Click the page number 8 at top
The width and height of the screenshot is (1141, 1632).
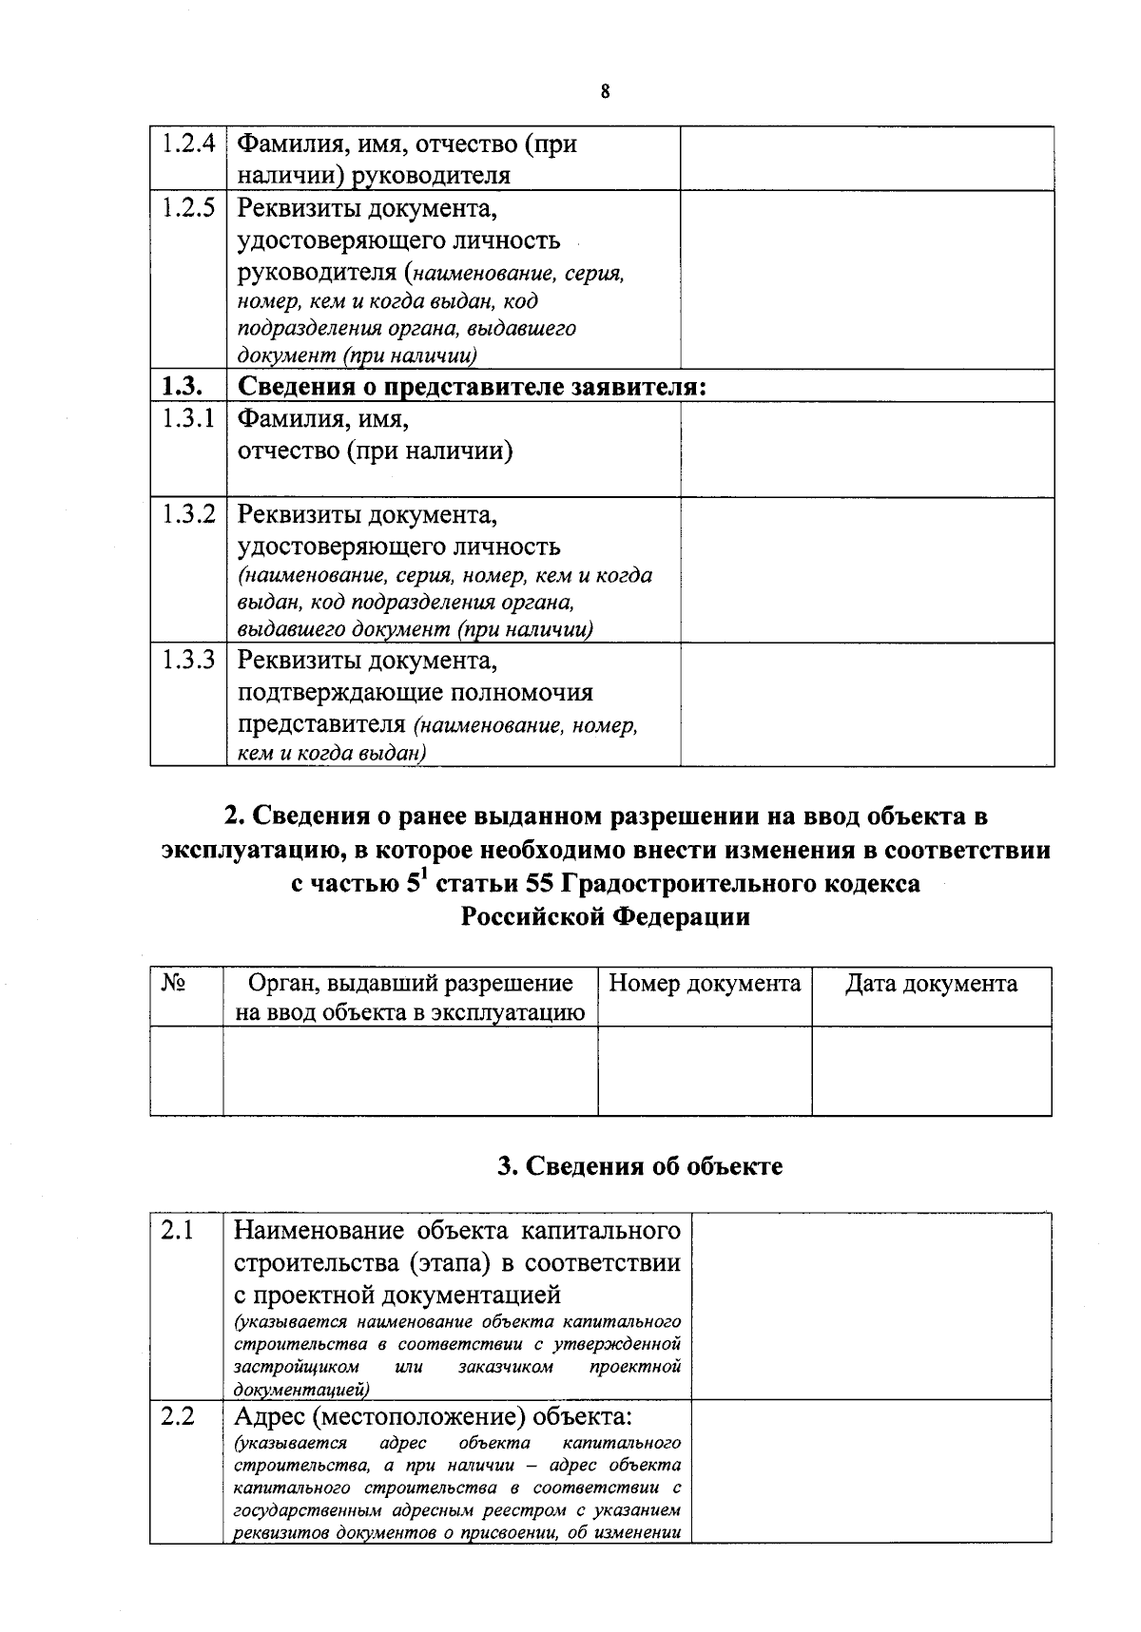point(605,92)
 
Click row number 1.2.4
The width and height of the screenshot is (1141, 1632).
point(187,144)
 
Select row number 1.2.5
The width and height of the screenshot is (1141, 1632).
point(187,208)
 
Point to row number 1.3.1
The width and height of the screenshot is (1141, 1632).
point(187,418)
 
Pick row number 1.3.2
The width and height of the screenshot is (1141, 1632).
point(187,515)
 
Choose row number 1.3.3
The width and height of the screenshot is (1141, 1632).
point(187,660)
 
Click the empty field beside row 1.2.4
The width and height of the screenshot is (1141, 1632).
point(866,159)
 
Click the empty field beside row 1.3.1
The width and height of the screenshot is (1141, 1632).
point(866,449)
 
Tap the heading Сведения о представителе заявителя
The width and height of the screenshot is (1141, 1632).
point(472,387)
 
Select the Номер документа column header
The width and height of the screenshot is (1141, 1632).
point(705,984)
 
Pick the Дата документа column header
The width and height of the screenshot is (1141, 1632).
point(931,984)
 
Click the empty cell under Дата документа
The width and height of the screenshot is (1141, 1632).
point(931,1070)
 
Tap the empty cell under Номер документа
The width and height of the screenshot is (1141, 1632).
point(705,1070)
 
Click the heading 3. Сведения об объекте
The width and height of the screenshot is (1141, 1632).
point(640,1166)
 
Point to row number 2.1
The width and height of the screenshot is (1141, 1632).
point(177,1231)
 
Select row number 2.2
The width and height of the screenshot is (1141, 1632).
point(177,1416)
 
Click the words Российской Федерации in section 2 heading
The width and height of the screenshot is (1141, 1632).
point(606,917)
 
